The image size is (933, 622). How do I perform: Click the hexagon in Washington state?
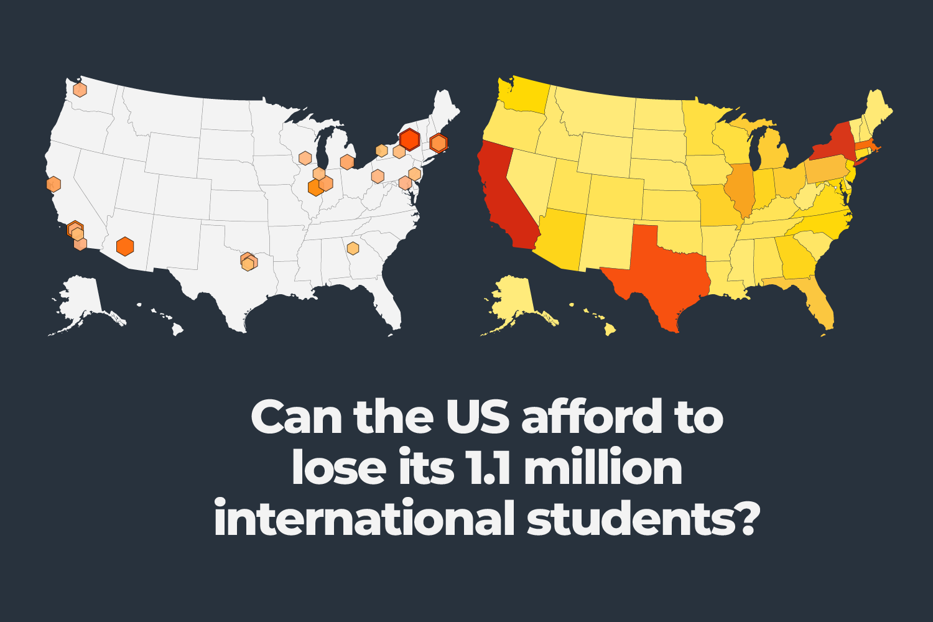[x=80, y=90]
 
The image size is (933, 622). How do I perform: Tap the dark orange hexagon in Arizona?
[x=125, y=246]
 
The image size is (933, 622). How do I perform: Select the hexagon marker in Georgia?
[x=353, y=248]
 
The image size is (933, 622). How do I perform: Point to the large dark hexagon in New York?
[x=409, y=139]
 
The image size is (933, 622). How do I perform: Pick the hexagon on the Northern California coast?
[x=53, y=184]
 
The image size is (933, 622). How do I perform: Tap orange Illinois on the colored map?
[x=740, y=187]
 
